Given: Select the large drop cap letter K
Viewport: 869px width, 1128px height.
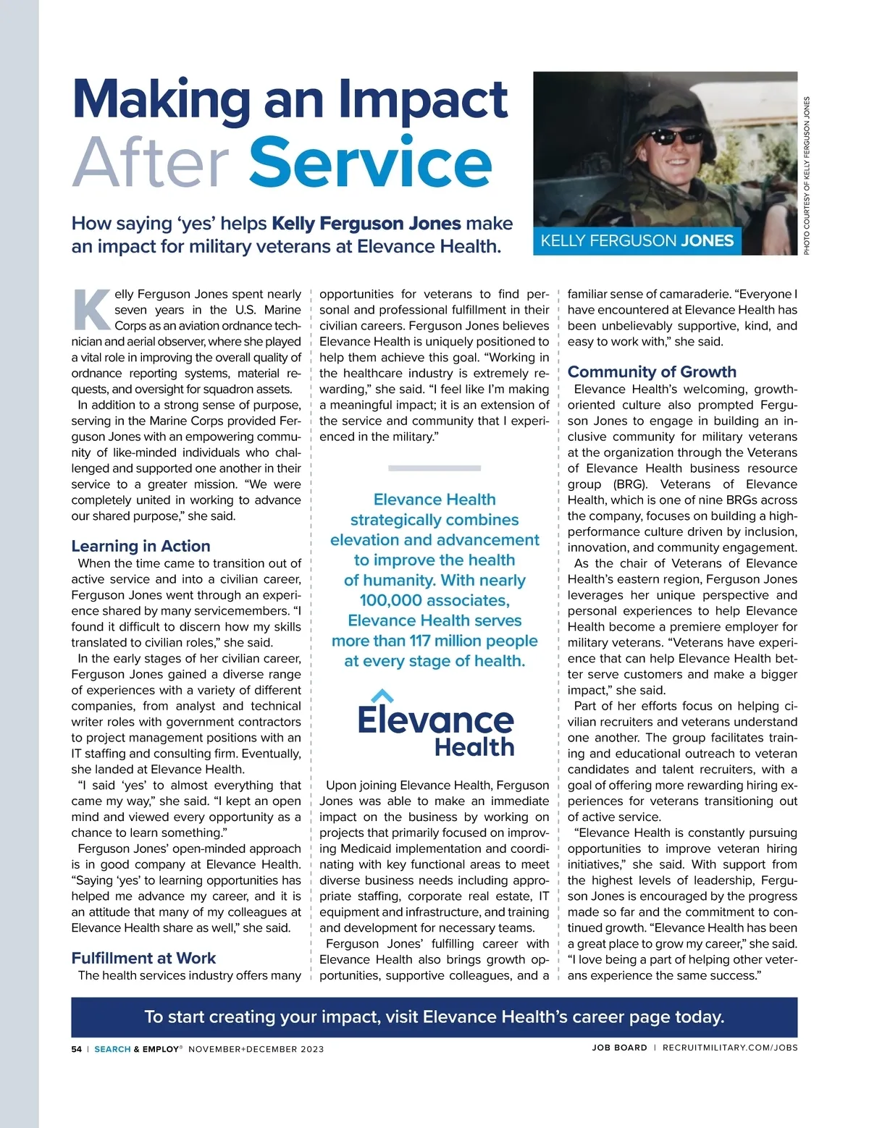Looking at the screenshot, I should (x=91, y=310).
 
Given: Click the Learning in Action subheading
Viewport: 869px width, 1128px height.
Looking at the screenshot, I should (x=140, y=546).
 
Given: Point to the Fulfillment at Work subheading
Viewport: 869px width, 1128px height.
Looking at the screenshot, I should (x=143, y=958).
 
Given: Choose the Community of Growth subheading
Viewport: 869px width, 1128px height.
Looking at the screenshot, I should (x=652, y=371).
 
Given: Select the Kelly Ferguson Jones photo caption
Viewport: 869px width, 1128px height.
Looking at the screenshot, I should (x=637, y=241).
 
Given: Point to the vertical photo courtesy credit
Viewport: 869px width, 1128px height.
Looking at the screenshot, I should (x=807, y=175).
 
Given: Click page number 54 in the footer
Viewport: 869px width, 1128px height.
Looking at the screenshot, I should (x=77, y=1048).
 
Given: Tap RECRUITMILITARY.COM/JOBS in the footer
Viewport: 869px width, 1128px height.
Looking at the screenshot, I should (x=729, y=1048).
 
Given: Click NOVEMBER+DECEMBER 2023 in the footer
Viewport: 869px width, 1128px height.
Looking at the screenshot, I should (x=256, y=1048).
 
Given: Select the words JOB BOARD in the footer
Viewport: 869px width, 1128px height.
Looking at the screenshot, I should (x=619, y=1048).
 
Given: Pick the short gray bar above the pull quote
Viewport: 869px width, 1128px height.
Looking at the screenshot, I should (x=434, y=468).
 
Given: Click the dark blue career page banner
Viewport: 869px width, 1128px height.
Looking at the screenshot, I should (x=434, y=1017).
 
